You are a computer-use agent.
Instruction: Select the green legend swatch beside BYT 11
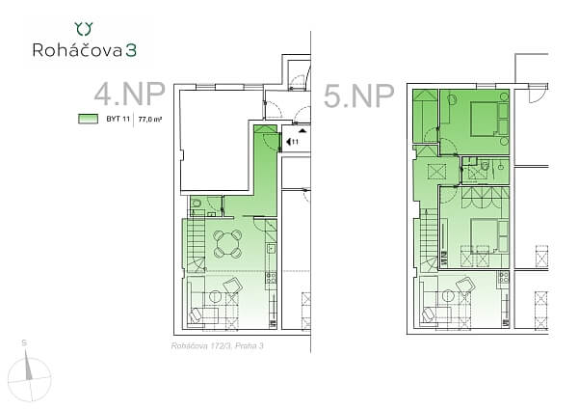click(x=88, y=120)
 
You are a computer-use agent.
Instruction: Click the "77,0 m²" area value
click(x=149, y=120)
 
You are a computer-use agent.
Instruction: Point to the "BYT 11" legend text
click(x=118, y=120)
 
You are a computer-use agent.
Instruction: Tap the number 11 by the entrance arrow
click(x=295, y=142)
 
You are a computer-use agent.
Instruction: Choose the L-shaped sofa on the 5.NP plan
click(x=438, y=305)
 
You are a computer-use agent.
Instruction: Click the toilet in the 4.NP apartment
click(x=197, y=204)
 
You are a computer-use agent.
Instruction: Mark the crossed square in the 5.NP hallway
click(x=433, y=172)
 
